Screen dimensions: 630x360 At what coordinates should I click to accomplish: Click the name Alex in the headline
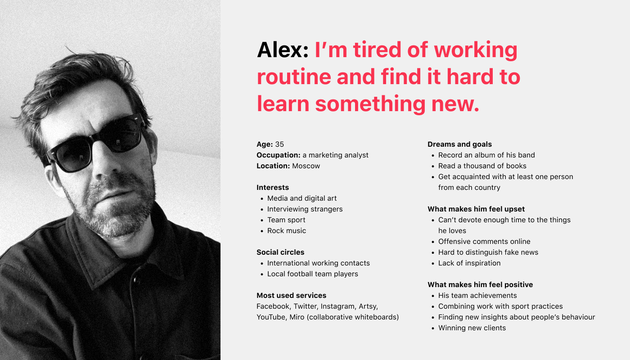[x=283, y=50]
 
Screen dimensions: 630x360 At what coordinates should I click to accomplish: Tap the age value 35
[x=279, y=144]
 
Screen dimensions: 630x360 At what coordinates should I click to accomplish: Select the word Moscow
[x=306, y=166]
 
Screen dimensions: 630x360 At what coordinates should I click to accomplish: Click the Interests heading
[x=273, y=187]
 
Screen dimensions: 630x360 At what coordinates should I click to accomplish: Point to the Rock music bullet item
[x=286, y=230]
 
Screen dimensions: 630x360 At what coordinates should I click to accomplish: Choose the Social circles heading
[x=280, y=252]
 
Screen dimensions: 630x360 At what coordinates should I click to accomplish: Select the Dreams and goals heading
[x=459, y=144]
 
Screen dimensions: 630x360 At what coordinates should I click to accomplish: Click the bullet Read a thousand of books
[x=482, y=166]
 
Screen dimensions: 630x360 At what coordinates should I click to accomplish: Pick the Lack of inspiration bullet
[x=469, y=263]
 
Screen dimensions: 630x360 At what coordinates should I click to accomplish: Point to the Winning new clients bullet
[x=472, y=328]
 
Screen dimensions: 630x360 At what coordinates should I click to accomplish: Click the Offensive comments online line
[x=484, y=241]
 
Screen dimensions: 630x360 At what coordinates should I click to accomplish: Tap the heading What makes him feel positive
[x=480, y=284]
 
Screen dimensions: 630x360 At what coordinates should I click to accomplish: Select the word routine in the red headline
[x=294, y=77]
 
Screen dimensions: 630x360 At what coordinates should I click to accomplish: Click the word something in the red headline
[x=370, y=104]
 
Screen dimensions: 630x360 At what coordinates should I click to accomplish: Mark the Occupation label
[x=279, y=155]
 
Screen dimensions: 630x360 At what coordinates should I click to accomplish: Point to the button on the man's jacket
[x=136, y=280]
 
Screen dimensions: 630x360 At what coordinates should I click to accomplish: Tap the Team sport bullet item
[x=286, y=220]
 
